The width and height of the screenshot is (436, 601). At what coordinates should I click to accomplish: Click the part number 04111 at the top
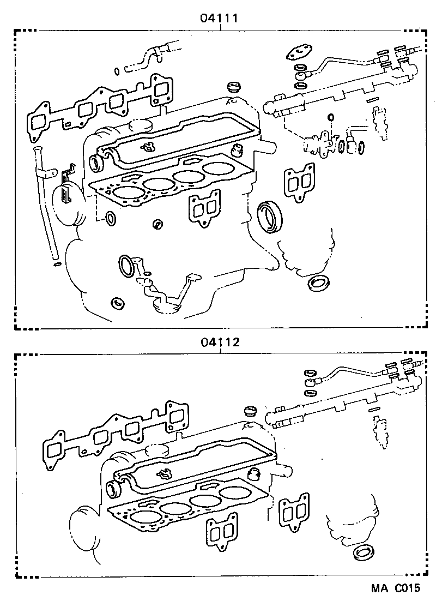tap(220, 18)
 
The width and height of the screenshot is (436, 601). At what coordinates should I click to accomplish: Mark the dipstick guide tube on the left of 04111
tap(46, 202)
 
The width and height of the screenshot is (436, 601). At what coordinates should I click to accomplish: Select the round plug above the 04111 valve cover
tap(234, 87)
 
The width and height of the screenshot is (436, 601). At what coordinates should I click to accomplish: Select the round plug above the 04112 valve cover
tap(251, 410)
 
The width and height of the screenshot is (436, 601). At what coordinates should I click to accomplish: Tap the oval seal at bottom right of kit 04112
tap(361, 552)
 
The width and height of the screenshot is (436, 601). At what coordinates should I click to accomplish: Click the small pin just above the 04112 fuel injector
tap(374, 409)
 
